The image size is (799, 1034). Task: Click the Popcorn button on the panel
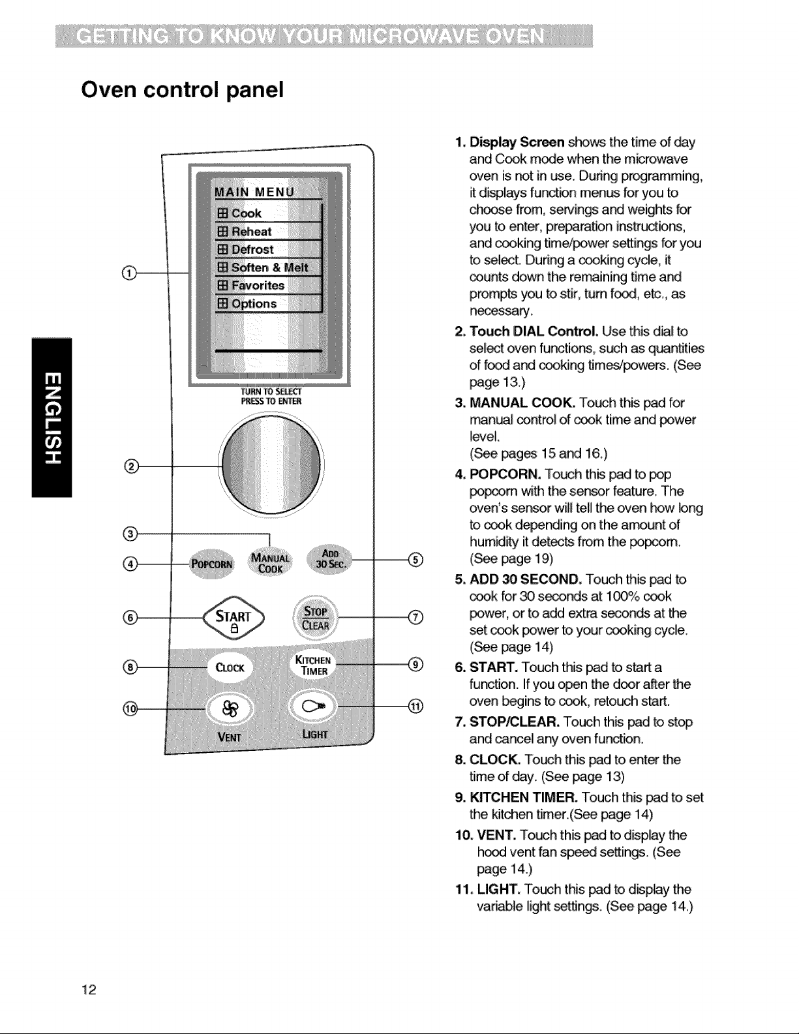pyautogui.click(x=211, y=564)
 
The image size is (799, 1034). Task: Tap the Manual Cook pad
pyautogui.click(x=270, y=563)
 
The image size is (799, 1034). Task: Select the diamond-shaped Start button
pyautogui.click(x=234, y=618)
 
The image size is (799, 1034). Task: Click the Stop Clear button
pyautogui.click(x=316, y=618)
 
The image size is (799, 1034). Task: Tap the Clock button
pyautogui.click(x=230, y=667)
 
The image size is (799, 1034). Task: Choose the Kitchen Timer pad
pyautogui.click(x=314, y=665)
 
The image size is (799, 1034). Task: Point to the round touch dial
pyautogui.click(x=271, y=464)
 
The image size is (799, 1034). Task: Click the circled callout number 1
pyautogui.click(x=129, y=273)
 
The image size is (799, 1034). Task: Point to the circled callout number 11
pyautogui.click(x=415, y=707)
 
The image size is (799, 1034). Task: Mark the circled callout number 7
pyautogui.click(x=415, y=618)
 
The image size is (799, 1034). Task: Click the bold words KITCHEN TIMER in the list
pyautogui.click(x=524, y=797)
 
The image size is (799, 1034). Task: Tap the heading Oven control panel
pyautogui.click(x=183, y=89)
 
